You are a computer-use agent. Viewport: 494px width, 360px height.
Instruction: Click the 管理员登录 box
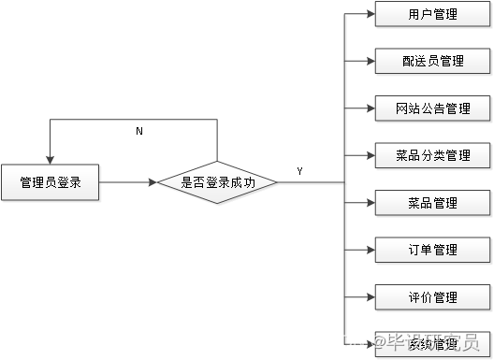(51, 183)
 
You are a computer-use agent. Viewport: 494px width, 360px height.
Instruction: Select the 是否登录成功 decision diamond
(217, 183)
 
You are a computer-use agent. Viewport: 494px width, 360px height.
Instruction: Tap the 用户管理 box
(433, 15)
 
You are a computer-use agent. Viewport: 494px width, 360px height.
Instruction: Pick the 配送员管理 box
(433, 62)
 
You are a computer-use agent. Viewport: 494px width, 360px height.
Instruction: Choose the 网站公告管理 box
(433, 108)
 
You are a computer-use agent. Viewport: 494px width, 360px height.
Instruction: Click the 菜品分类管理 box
(433, 155)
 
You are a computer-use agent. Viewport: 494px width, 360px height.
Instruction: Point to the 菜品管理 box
(433, 203)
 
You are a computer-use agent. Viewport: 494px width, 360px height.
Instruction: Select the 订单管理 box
(433, 250)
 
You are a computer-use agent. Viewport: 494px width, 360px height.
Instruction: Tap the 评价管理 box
(433, 297)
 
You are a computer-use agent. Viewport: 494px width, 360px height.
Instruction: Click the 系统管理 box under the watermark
(433, 344)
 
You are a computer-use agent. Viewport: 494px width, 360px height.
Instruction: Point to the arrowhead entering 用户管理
(370, 15)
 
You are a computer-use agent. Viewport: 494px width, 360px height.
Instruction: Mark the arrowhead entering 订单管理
(370, 250)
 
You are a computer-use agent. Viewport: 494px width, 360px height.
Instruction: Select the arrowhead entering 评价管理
(370, 297)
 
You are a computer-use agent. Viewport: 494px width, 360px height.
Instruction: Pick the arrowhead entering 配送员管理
(370, 62)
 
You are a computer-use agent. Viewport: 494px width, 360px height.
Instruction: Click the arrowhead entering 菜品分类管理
(370, 155)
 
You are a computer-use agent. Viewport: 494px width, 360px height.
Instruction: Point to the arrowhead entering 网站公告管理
(370, 108)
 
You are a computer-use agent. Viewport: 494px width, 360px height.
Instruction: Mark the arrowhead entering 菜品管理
(370, 203)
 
